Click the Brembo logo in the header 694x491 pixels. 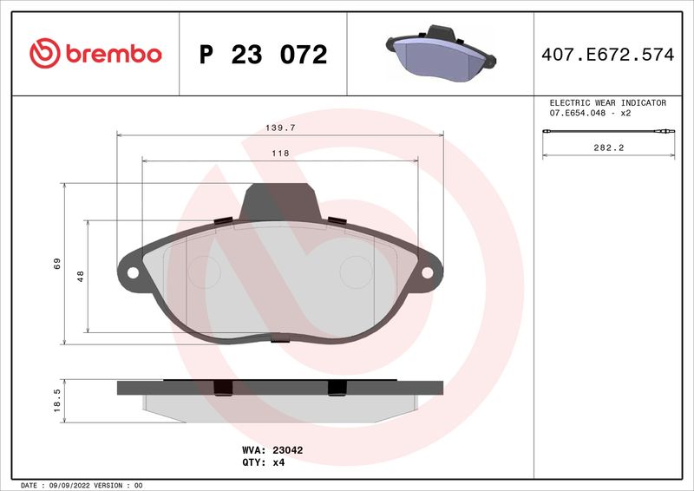pos(95,54)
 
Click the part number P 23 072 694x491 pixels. pos(263,55)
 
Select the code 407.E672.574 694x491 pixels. pos(607,55)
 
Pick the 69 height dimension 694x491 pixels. pos(56,263)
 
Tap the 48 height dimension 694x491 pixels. pos(81,276)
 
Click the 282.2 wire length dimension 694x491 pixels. pos(609,148)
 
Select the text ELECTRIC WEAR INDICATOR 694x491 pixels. pos(607,102)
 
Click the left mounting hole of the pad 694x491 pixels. pos(133,272)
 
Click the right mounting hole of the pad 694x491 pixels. pos(427,272)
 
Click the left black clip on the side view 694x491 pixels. pos(222,389)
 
